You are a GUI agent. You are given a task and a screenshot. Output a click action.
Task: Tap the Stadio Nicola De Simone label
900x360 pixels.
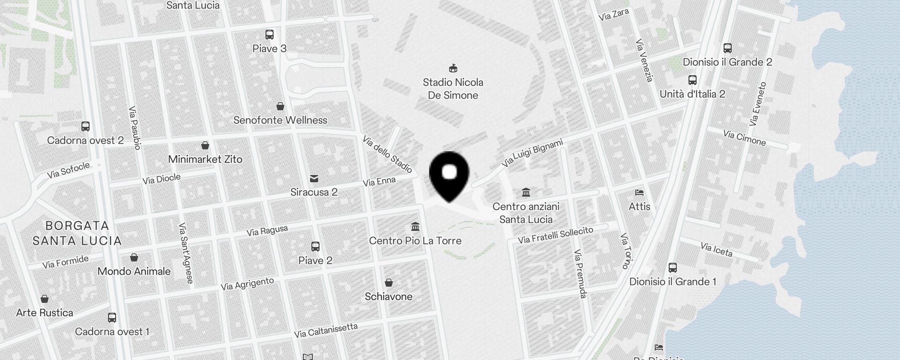(x=453, y=89)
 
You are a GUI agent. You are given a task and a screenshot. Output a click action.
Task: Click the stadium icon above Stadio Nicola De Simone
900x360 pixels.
(x=453, y=68)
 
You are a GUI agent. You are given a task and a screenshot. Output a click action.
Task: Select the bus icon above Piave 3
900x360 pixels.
(x=270, y=35)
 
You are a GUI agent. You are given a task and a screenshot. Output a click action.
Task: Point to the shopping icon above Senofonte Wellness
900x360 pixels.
(x=280, y=106)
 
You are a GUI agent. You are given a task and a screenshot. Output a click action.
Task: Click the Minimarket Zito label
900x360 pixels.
(x=205, y=159)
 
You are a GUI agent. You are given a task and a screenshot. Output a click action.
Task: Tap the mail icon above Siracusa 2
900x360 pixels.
(x=314, y=179)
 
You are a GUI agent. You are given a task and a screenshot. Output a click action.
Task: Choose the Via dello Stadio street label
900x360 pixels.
(x=387, y=154)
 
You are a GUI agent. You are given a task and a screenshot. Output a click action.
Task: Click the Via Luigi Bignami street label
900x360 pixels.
(x=532, y=153)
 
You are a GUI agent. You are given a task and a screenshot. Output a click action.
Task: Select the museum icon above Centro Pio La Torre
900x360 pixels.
(x=415, y=226)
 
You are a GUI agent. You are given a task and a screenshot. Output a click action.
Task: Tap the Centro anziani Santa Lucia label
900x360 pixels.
(x=526, y=213)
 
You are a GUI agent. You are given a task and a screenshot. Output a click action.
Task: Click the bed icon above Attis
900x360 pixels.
(x=639, y=193)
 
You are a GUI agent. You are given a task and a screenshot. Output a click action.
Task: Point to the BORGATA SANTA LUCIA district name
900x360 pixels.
(x=77, y=233)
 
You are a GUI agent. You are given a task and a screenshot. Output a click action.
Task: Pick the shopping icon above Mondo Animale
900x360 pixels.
(x=134, y=257)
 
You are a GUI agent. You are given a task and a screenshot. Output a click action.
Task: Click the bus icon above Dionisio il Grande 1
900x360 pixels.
(x=673, y=268)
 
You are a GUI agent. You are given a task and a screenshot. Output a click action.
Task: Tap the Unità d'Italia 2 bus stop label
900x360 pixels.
(x=692, y=94)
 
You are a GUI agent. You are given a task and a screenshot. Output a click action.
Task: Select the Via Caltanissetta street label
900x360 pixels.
(x=326, y=331)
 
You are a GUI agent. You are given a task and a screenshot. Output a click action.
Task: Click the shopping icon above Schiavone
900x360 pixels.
(x=389, y=283)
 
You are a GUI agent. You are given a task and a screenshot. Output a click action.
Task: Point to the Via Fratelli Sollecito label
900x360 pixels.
(x=555, y=235)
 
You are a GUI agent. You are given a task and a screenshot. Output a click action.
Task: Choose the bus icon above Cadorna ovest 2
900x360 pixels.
(x=85, y=126)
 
